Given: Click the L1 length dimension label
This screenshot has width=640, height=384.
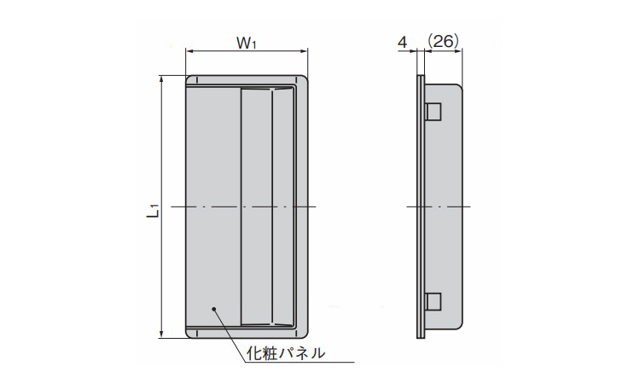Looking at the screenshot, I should click(152, 207).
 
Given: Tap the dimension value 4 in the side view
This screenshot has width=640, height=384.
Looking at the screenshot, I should click(402, 41).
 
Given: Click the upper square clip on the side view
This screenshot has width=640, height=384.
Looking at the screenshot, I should click(433, 112).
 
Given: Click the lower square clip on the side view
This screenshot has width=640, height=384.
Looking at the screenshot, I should click(433, 301).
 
